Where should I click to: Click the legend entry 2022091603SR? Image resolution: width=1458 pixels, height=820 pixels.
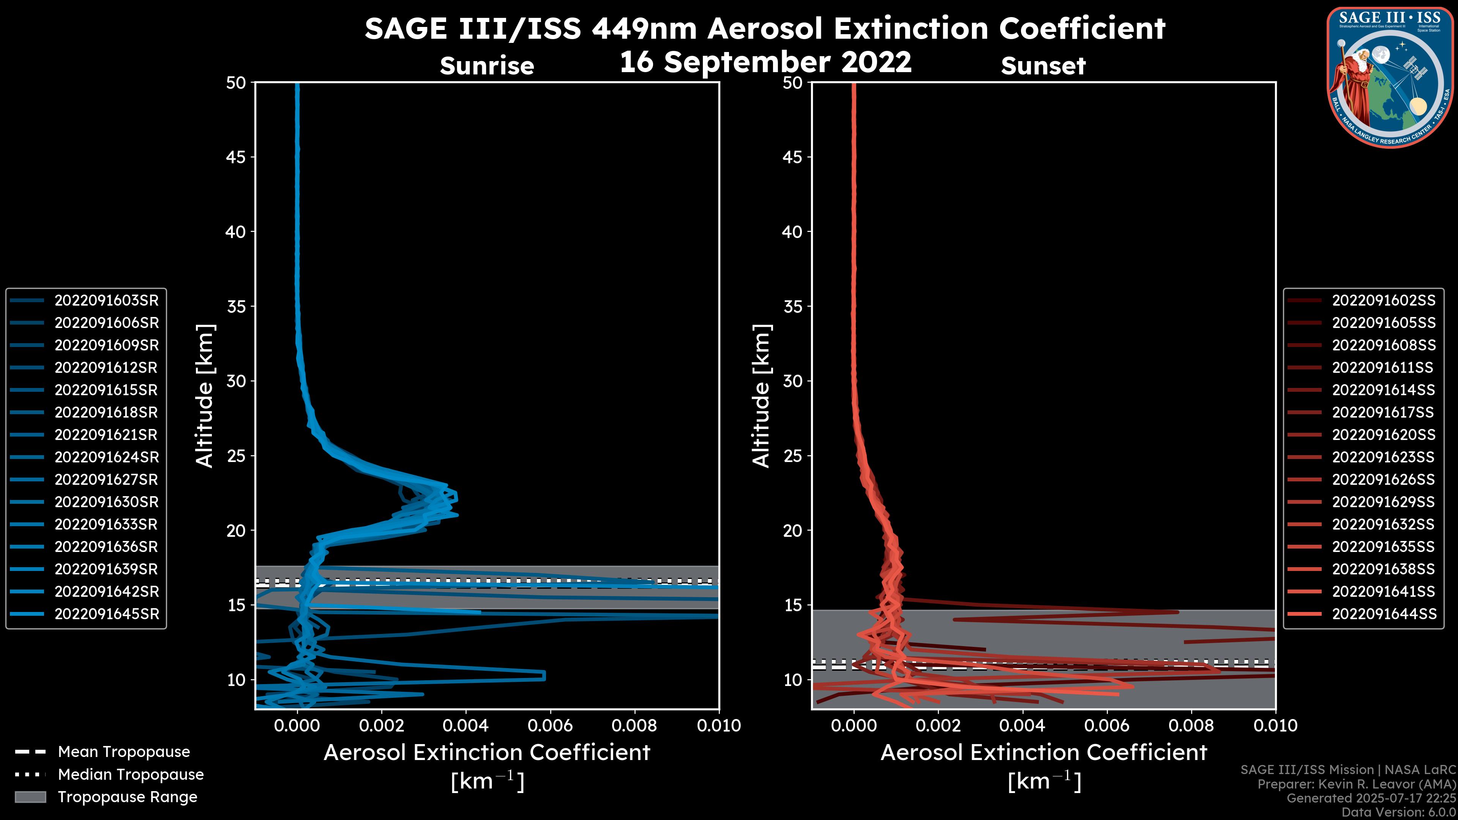pyautogui.click(x=106, y=301)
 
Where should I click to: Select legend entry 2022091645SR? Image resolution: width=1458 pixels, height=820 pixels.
pyautogui.click(x=106, y=614)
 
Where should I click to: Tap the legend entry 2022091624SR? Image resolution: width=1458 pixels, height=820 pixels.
pyautogui.click(x=106, y=457)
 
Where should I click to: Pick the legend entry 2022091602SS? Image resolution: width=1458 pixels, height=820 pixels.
pyautogui.click(x=1383, y=301)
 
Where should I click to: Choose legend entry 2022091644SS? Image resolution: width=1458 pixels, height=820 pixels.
pyautogui.click(x=1383, y=614)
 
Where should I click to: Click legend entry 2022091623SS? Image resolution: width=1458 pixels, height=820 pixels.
pyautogui.click(x=1383, y=457)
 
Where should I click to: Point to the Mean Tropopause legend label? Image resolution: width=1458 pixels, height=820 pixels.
pyautogui.click(x=124, y=752)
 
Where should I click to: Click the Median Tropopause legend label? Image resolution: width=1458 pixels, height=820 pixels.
pyautogui.click(x=131, y=775)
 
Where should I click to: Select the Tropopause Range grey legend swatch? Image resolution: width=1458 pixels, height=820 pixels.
pyautogui.click(x=30, y=797)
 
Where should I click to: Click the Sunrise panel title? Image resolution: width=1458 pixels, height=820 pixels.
pyautogui.click(x=487, y=66)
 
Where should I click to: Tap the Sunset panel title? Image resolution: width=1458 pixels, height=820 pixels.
pyautogui.click(x=1043, y=66)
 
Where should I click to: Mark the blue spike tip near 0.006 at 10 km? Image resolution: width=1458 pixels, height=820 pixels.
pyautogui.click(x=544, y=676)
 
